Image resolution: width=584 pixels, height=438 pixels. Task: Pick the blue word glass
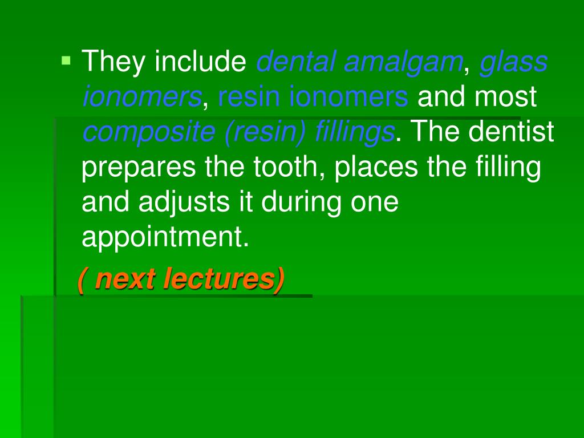pyautogui.click(x=513, y=62)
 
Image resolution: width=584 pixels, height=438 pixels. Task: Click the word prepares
pyautogui.click(x=137, y=169)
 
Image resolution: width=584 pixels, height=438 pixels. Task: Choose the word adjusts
pyautogui.click(x=187, y=204)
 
